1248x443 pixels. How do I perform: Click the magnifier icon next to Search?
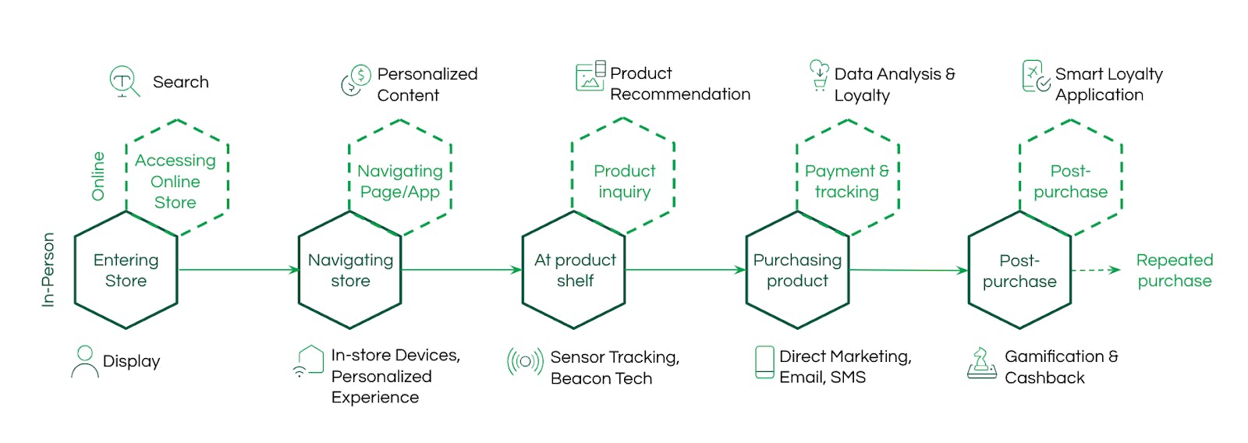(124, 82)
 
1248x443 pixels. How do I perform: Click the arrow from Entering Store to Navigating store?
(239, 271)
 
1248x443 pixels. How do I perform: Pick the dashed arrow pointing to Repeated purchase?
(1095, 271)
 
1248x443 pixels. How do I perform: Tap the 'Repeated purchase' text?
(1175, 271)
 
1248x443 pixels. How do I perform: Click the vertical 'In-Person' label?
(48, 270)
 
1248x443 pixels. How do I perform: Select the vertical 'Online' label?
(98, 176)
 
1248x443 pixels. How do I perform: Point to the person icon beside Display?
(85, 362)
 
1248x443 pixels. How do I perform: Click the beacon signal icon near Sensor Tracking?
(525, 362)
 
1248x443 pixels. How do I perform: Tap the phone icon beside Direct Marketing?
(764, 363)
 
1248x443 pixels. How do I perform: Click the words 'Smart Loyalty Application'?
(1108, 84)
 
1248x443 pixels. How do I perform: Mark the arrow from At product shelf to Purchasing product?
(686, 271)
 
